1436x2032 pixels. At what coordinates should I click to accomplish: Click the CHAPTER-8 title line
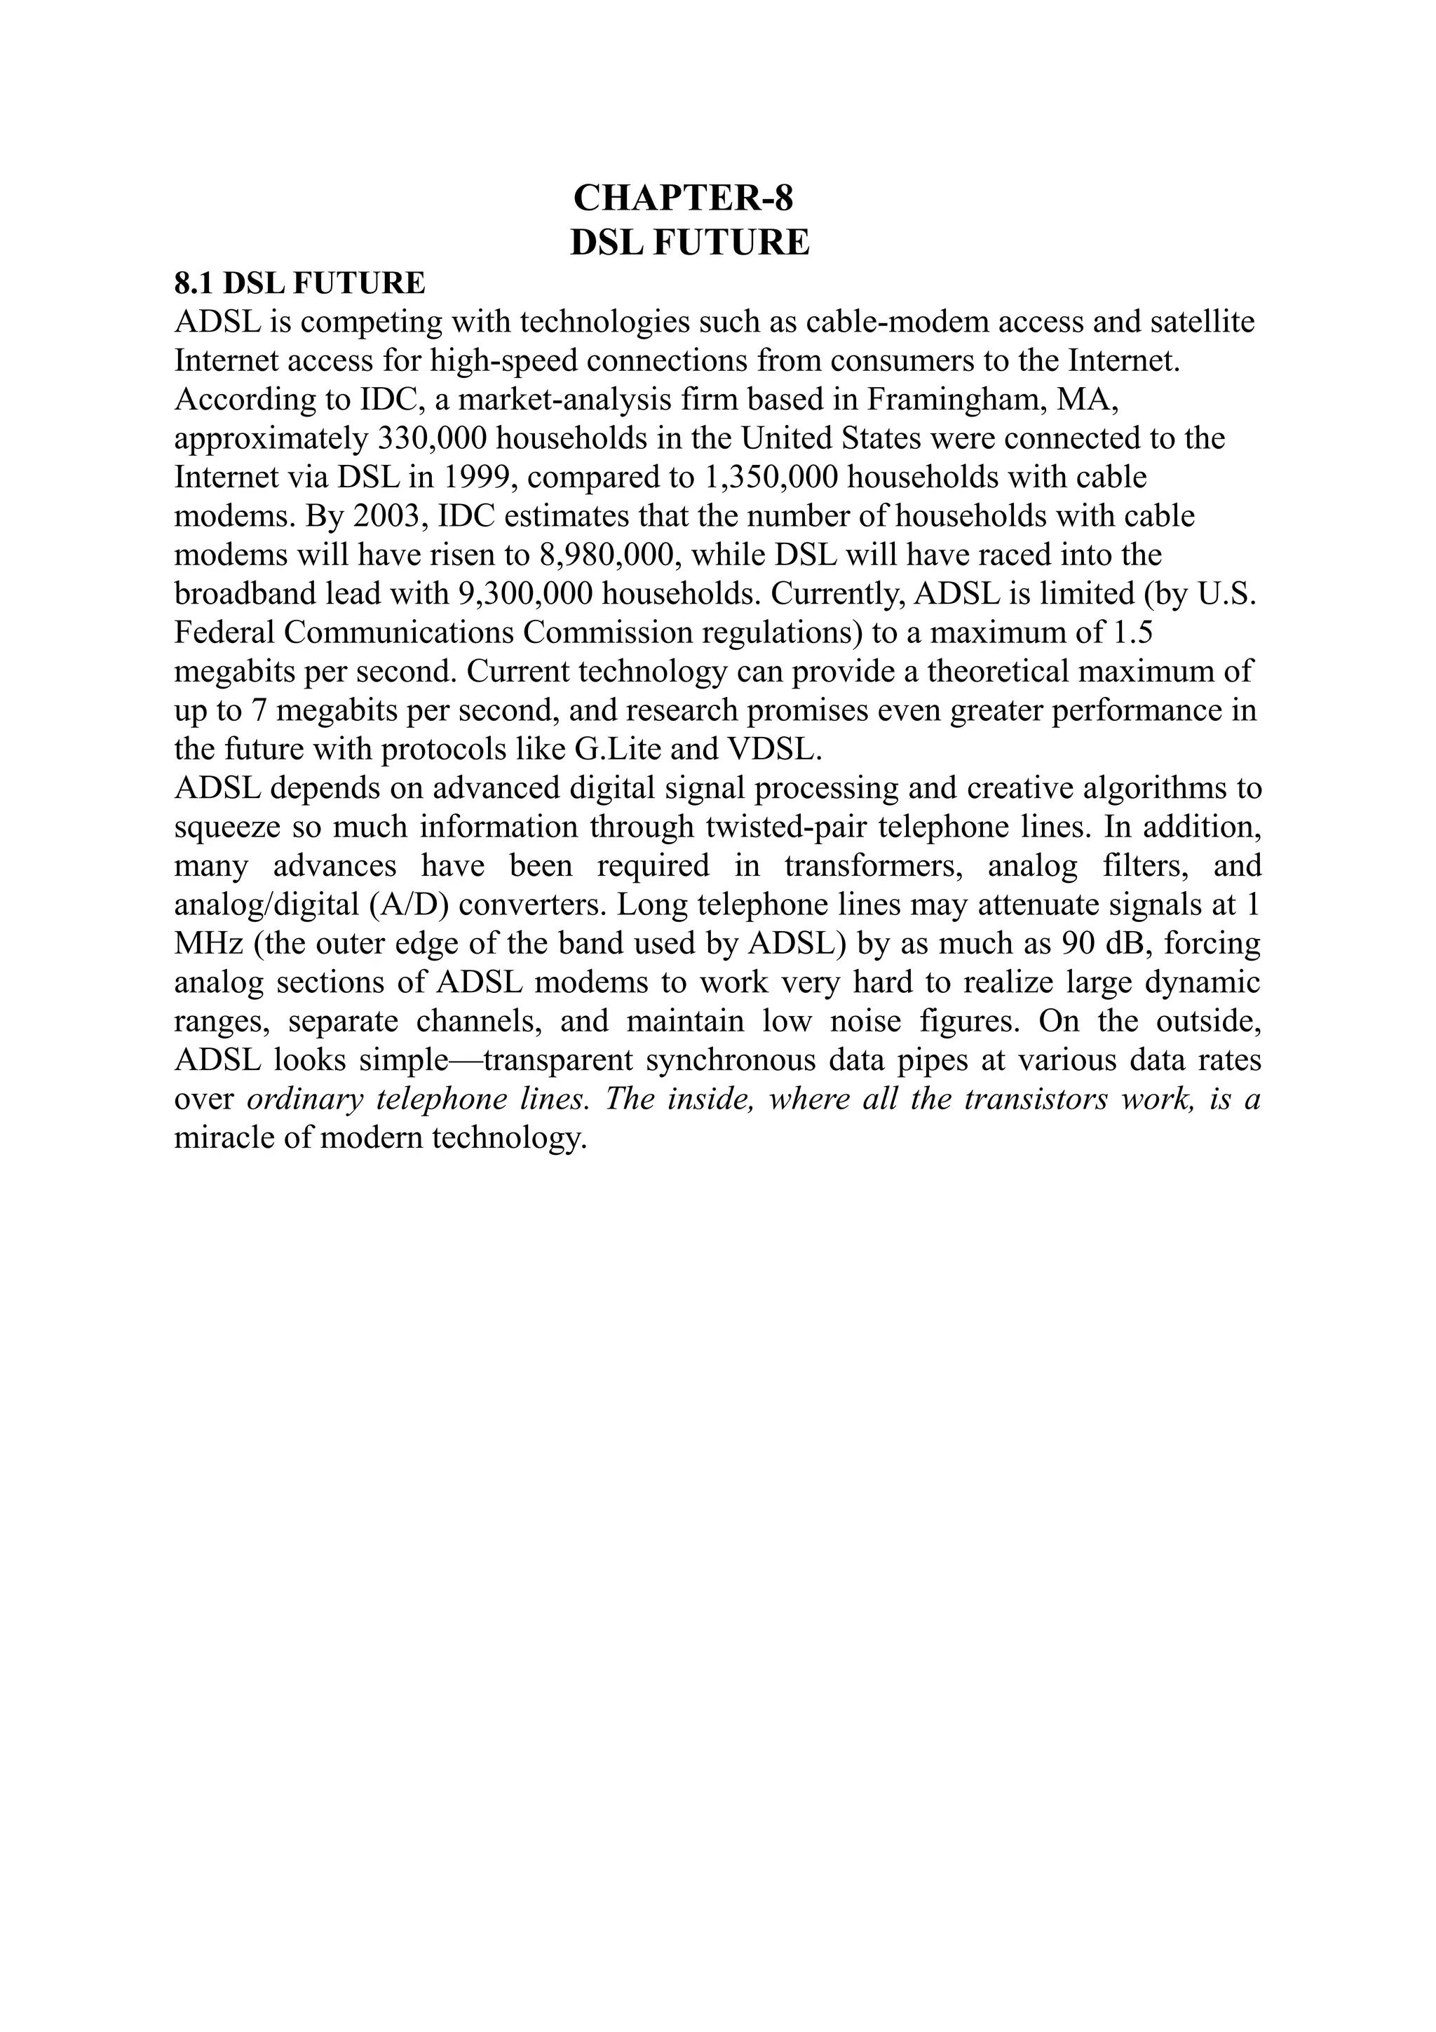coord(683,198)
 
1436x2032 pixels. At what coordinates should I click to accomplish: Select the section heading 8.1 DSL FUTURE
coord(299,283)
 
